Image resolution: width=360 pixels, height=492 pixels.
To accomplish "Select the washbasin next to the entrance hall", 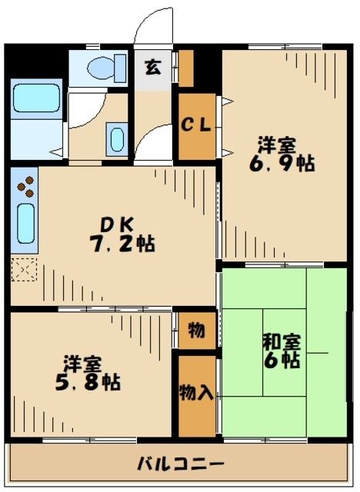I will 117,139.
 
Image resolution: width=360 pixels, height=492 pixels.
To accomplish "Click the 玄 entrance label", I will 152,67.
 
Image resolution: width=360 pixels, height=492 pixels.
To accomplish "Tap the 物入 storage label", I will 196,393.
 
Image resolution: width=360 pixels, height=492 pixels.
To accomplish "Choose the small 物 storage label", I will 196,331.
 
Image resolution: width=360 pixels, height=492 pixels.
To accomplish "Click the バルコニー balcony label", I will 182,464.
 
